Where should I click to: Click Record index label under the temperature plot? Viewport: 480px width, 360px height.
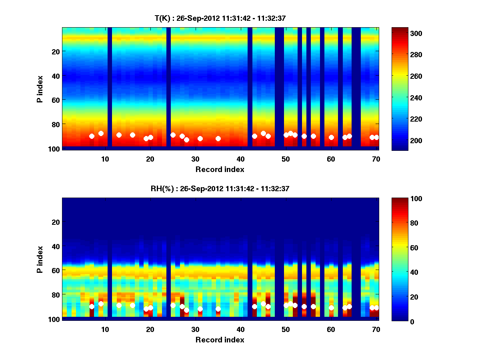coord(220,169)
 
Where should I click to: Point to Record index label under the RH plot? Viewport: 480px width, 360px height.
coord(220,340)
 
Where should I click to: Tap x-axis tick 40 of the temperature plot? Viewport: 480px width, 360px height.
coord(240,158)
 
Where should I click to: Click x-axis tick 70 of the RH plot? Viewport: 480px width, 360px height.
coord(376,329)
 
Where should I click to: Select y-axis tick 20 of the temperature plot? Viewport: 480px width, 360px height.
coord(55,51)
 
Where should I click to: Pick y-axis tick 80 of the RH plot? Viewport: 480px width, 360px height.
coord(55,295)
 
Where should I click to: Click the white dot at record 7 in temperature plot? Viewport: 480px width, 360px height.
coord(92,136)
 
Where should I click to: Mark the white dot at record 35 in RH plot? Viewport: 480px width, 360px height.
coord(218,309)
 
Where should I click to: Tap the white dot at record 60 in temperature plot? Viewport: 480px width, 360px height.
coord(331,137)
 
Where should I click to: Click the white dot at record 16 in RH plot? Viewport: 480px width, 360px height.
coord(132,305)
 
